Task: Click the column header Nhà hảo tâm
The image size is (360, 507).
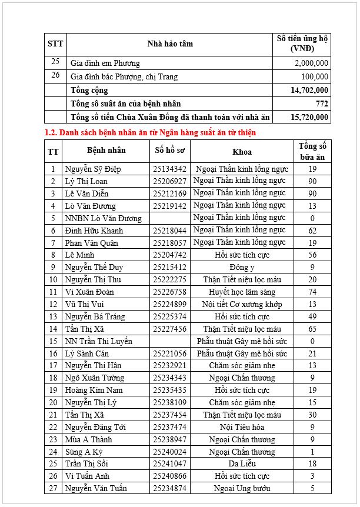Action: [169, 44]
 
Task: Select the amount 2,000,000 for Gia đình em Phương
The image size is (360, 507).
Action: [311, 64]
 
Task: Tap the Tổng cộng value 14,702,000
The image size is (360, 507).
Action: [309, 90]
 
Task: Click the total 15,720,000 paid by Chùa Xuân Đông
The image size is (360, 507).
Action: [309, 117]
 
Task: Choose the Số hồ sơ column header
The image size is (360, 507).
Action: [169, 151]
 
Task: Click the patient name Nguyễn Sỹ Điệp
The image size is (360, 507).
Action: [92, 169]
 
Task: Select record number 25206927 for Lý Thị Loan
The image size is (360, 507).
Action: [169, 181]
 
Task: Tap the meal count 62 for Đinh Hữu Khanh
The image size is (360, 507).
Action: [312, 231]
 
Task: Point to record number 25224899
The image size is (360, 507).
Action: [169, 304]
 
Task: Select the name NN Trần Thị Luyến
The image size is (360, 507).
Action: [98, 341]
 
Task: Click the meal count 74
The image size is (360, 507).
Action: [312, 292]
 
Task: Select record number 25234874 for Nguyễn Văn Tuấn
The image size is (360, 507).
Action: [169, 488]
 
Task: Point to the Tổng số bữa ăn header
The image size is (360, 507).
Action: [312, 151]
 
